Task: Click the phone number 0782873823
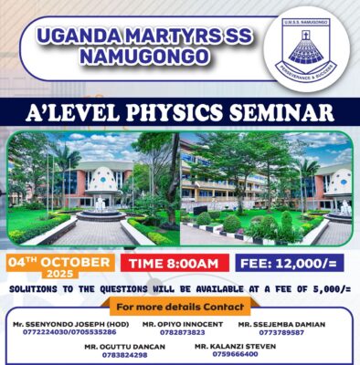pyautogui.click(x=183, y=332)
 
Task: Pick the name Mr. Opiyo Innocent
pyautogui.click(x=183, y=324)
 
